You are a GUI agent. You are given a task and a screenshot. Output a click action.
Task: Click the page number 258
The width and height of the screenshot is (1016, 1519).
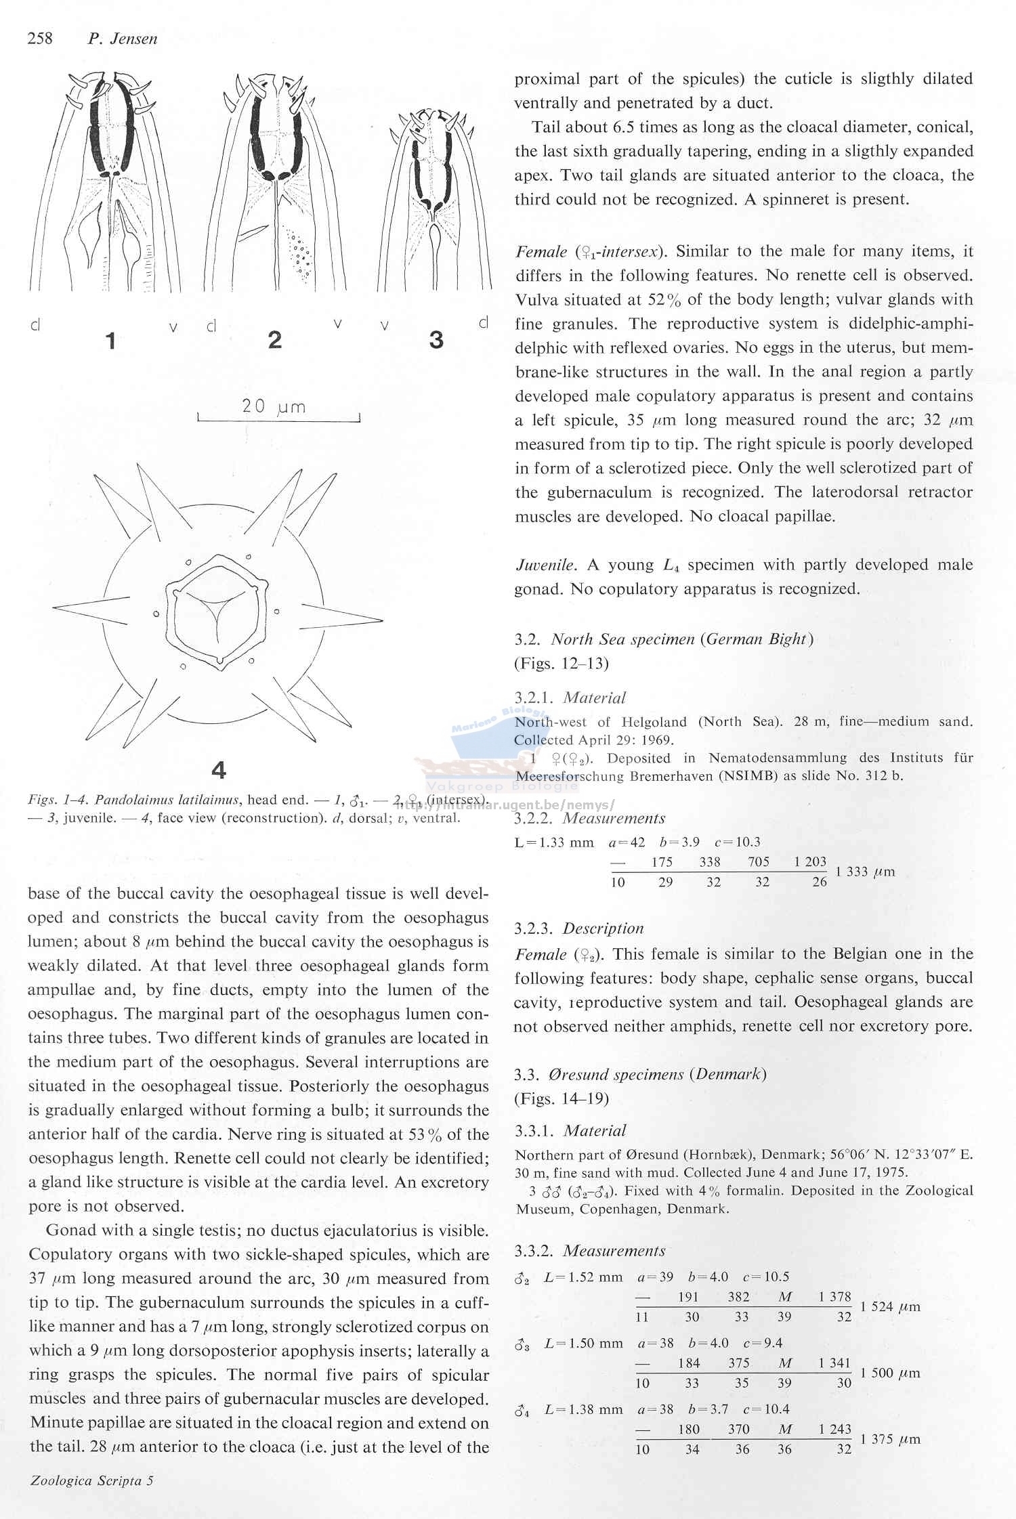[x=40, y=39]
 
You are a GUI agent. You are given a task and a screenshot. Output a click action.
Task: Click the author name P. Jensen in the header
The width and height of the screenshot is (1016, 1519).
[x=123, y=39]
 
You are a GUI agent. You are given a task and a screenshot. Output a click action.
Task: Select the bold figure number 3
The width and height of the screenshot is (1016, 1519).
[x=436, y=340]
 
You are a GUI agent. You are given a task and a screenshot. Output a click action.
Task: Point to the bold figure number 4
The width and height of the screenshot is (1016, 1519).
[x=218, y=770]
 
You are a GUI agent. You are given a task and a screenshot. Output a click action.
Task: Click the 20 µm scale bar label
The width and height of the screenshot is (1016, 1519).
[x=274, y=406]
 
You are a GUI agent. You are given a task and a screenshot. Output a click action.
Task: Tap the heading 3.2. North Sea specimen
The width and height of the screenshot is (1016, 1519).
[x=663, y=639]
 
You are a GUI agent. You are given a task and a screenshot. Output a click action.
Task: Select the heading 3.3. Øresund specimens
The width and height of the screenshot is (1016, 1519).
[x=640, y=1074]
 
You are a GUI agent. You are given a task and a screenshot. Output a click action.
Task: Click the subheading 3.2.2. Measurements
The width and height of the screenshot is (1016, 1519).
[x=589, y=818]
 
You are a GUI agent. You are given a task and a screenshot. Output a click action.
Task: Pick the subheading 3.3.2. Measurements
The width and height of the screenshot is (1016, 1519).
[x=589, y=1250]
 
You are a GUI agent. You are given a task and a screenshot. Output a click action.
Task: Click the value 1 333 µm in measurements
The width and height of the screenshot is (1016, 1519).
[x=866, y=872]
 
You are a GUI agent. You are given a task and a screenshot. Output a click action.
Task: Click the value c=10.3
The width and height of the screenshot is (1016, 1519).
[x=737, y=842]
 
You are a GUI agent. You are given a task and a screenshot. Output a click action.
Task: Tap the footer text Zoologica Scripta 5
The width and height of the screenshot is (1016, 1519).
[x=91, y=1480]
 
